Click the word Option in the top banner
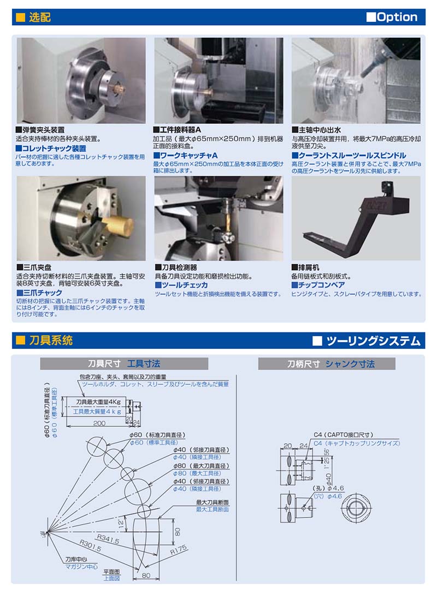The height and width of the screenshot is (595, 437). click(397, 17)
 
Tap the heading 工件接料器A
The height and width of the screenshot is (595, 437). click(177, 130)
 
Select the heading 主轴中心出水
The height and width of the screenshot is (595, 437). click(316, 130)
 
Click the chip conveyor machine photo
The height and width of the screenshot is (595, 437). click(356, 218)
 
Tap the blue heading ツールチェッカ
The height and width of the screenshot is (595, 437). click(181, 285)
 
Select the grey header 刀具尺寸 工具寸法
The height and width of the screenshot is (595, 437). click(124, 364)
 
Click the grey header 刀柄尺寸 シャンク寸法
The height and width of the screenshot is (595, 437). click(330, 364)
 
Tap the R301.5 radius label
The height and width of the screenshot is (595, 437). click(90, 546)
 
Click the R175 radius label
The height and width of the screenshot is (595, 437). click(179, 550)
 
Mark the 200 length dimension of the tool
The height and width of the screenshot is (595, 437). click(99, 423)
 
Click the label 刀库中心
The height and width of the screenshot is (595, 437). click(76, 560)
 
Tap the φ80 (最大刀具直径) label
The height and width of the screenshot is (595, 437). click(201, 466)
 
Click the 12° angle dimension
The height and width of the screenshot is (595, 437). click(121, 523)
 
